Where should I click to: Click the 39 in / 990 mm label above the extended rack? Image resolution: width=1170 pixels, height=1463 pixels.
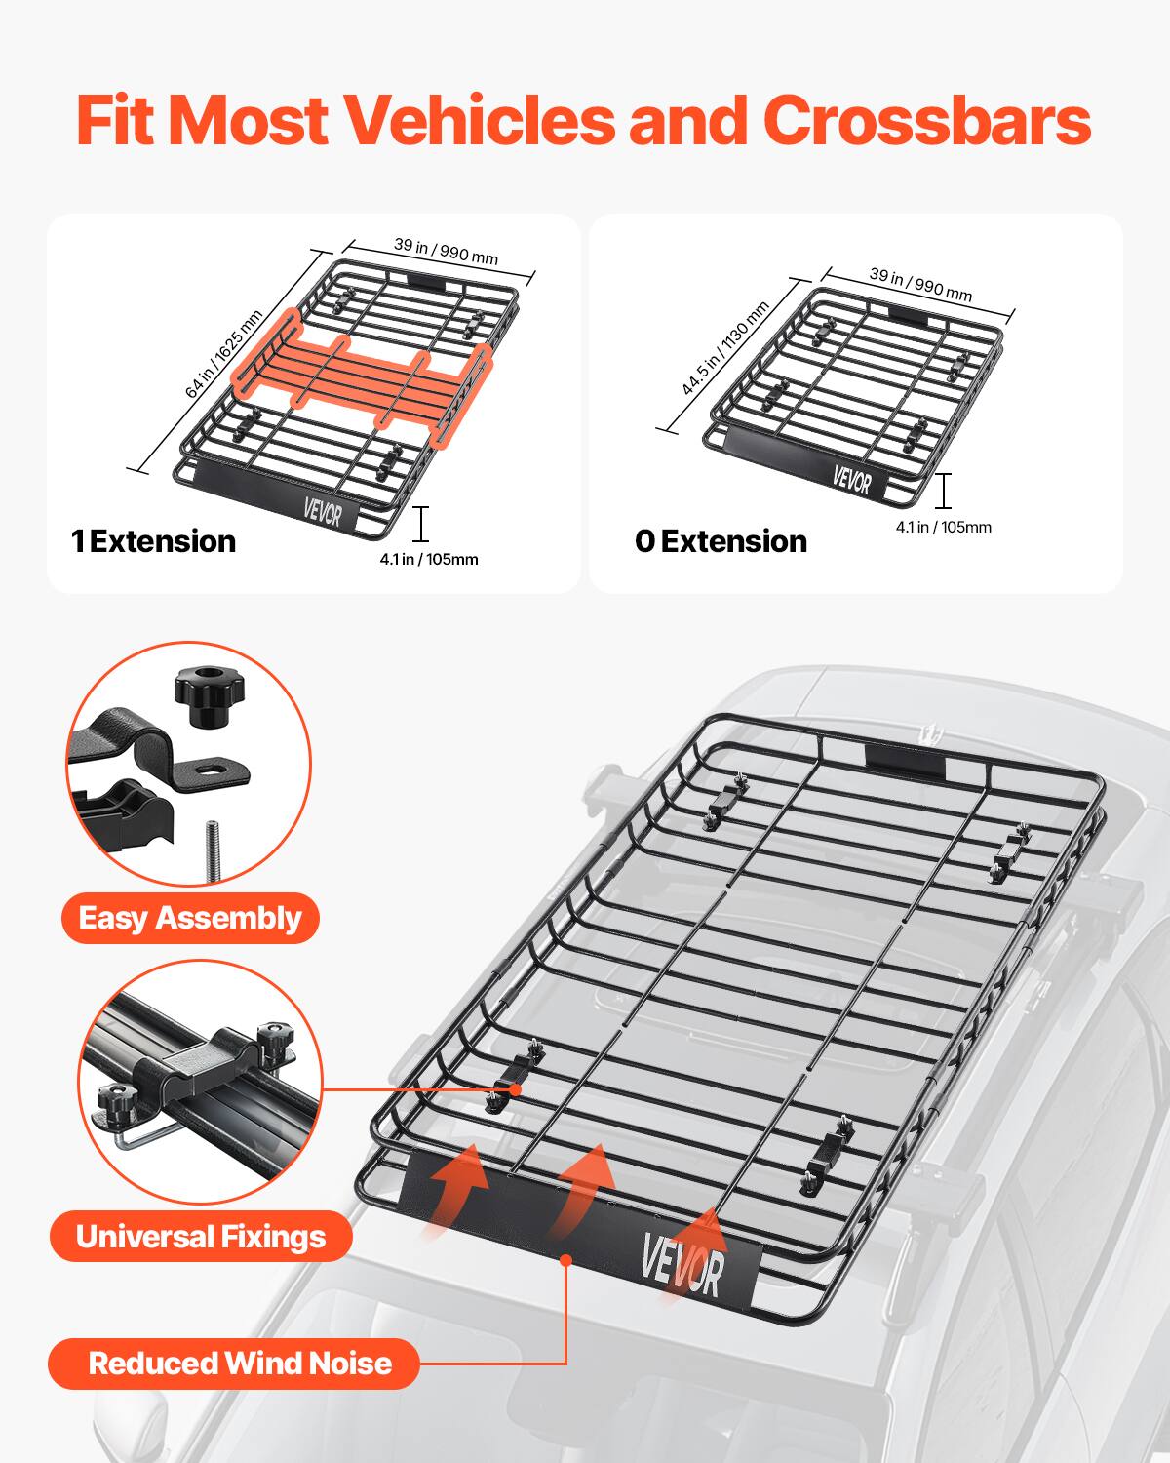446,251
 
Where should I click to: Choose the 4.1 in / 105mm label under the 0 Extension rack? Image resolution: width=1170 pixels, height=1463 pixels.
943,528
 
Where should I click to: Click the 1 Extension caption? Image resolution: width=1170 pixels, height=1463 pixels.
153,541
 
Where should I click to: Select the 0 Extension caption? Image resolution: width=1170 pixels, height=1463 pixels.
721,541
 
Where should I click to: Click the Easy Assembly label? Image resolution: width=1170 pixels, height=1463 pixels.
190,919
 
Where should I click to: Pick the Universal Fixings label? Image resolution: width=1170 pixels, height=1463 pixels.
201,1237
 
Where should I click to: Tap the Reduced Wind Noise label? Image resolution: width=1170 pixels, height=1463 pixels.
239,1363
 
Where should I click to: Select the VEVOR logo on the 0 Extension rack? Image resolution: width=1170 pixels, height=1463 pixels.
852,480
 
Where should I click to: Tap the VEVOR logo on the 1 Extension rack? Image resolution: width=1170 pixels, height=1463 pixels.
322,510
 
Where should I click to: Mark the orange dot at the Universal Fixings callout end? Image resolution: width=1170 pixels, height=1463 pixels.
514,1088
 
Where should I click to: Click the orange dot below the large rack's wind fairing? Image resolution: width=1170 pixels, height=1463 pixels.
565,1260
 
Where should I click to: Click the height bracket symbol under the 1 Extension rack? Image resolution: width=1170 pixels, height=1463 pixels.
420,525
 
